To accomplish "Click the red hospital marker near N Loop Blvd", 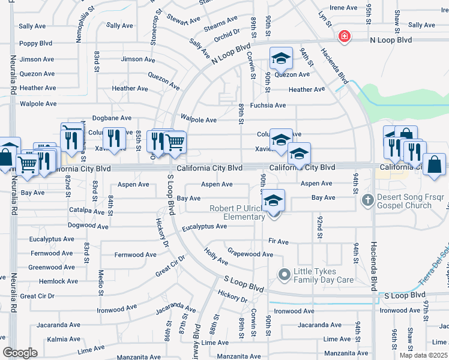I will tap(344, 37).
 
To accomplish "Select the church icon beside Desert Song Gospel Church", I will tap(367, 199).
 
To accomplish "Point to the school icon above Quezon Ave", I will tap(280, 58).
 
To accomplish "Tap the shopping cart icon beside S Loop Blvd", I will tap(175, 142).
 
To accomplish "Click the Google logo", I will tap(20, 353).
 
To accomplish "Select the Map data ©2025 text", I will tap(423, 355).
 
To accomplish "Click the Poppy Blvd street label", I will tap(36, 43).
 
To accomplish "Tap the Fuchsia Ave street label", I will tap(268, 105).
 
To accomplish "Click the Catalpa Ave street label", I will tap(87, 211).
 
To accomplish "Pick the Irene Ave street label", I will tap(345, 8).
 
